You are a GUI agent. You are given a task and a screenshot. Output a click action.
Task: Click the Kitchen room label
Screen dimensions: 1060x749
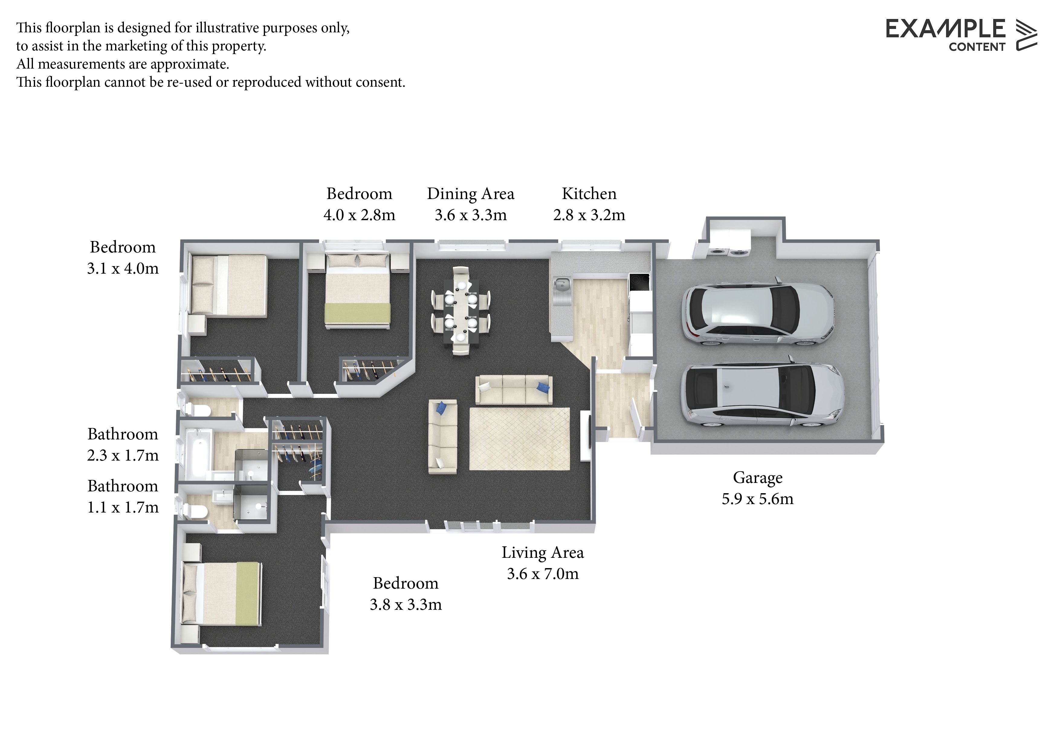pyautogui.click(x=589, y=194)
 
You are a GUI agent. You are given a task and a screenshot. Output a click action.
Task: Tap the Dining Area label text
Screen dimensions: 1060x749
pyautogui.click(x=470, y=194)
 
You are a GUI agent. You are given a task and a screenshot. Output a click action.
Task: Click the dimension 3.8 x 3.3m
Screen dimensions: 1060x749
pyautogui.click(x=406, y=605)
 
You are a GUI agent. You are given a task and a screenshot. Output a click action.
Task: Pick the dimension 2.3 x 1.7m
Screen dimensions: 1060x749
pyautogui.click(x=123, y=455)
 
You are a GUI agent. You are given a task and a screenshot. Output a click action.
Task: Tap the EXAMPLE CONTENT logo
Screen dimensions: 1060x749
pyautogui.click(x=961, y=35)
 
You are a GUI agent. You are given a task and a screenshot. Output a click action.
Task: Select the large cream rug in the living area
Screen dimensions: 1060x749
pyautogui.click(x=519, y=439)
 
